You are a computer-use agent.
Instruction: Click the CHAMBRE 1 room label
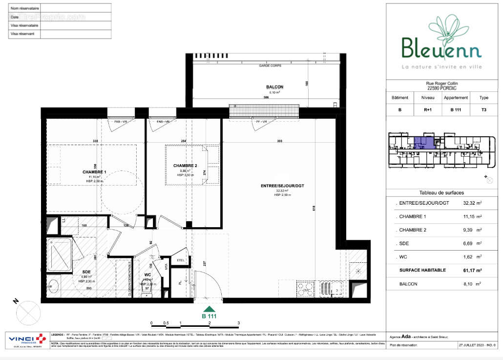pyautogui.click(x=94, y=172)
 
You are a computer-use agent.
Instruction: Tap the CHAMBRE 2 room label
pyautogui.click(x=185, y=166)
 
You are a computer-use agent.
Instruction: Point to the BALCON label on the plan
pyautogui.click(x=274, y=87)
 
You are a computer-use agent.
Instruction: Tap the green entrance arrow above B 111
pyautogui.click(x=210, y=309)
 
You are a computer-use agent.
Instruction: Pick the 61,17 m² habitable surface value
pyautogui.click(x=472, y=270)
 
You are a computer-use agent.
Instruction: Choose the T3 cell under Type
pyautogui.click(x=483, y=110)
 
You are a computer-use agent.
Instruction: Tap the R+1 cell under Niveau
pyautogui.click(x=427, y=110)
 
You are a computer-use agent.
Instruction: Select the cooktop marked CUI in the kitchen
pyautogui.click(x=306, y=289)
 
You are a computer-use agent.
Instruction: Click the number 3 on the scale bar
pyautogui.click(x=238, y=323)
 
